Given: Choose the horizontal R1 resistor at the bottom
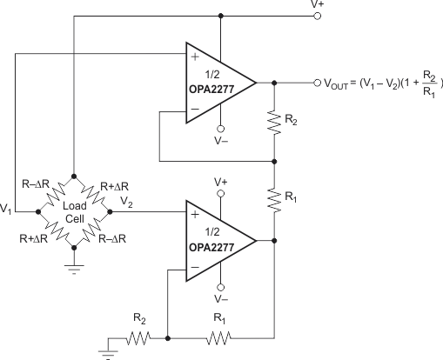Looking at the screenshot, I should pyautogui.click(x=218, y=338).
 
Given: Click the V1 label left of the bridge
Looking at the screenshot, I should pyautogui.click(x=7, y=210).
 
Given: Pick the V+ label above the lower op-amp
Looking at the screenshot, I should pyautogui.click(x=222, y=182).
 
